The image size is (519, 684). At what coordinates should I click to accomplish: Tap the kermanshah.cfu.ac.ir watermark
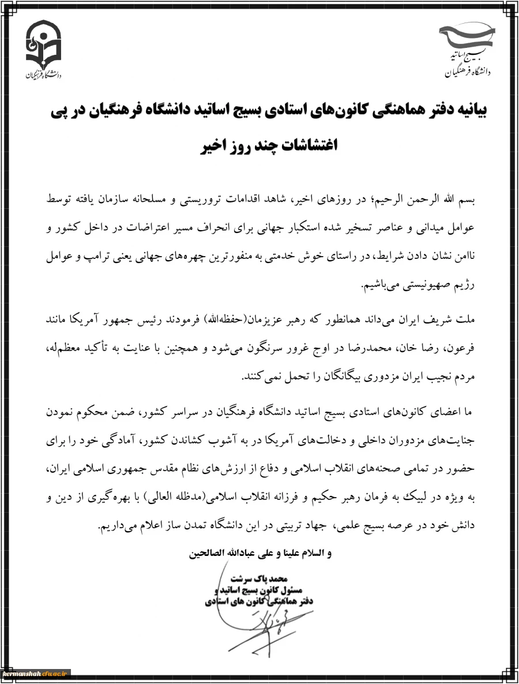pos(36,674)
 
